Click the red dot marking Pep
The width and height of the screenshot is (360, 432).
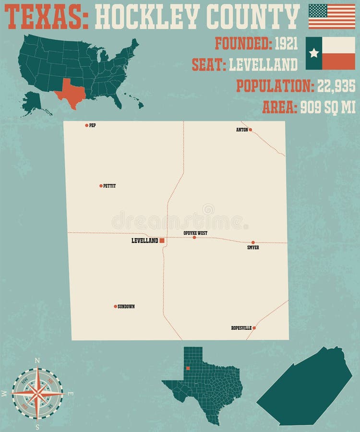pyautogui.click(x=87, y=125)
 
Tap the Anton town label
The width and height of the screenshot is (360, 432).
pyautogui.click(x=242, y=130)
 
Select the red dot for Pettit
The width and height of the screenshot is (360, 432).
pyautogui.click(x=101, y=186)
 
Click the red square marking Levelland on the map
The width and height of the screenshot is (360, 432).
pyautogui.click(x=162, y=240)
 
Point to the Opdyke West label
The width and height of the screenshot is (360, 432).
pyautogui.click(x=195, y=233)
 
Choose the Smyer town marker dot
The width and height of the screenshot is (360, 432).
pyautogui.click(x=253, y=242)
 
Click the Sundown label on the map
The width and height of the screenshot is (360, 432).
pyautogui.click(x=126, y=306)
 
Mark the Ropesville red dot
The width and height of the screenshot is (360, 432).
pyautogui.click(x=254, y=328)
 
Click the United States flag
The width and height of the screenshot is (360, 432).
pyautogui.click(x=332, y=16)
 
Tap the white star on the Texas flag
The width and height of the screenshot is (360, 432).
pyautogui.click(x=314, y=53)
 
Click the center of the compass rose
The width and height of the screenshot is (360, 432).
pyautogui.click(x=37, y=393)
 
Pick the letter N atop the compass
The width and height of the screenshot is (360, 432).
pyautogui.click(x=37, y=360)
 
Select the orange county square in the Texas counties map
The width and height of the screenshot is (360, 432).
pyautogui.click(x=188, y=369)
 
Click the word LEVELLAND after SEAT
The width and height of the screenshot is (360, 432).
pyautogui.click(x=263, y=64)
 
